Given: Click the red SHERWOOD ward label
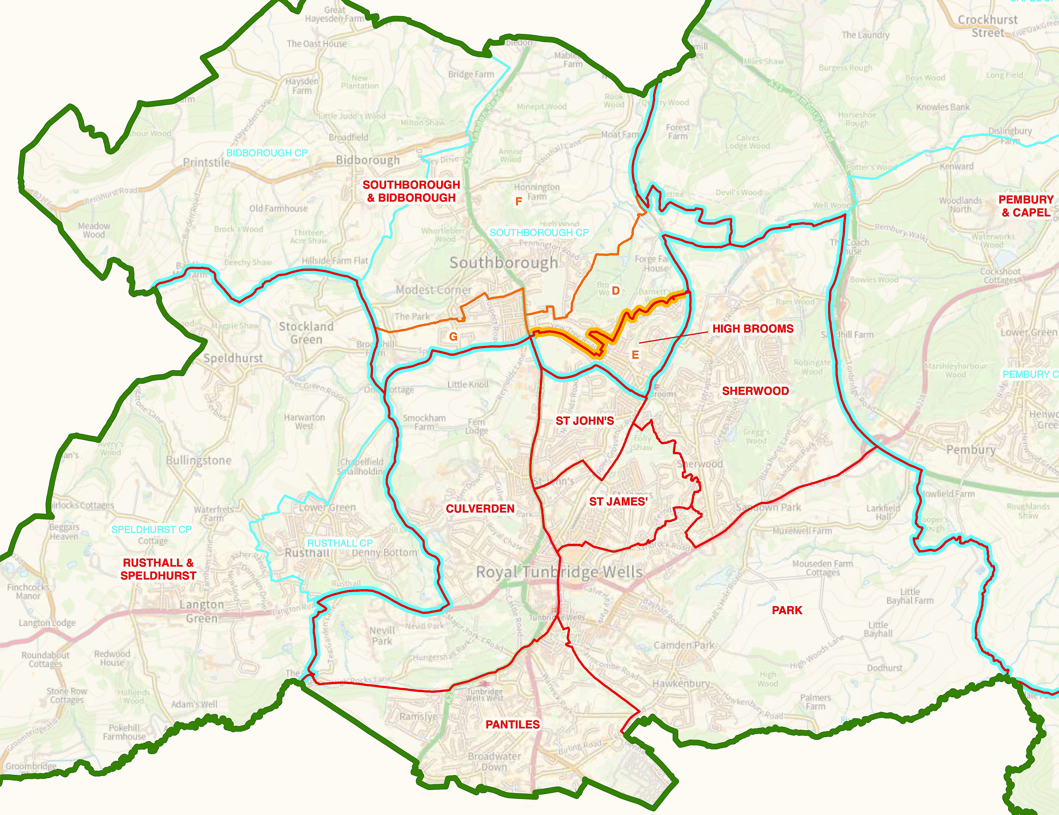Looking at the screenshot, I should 755,391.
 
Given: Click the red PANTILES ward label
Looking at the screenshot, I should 513,724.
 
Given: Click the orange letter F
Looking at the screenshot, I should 518,202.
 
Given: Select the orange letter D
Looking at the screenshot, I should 615,291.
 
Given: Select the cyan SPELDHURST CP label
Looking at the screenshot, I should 151,530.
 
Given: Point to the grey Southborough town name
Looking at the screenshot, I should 503,263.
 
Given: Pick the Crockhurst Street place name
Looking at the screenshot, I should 988,26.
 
